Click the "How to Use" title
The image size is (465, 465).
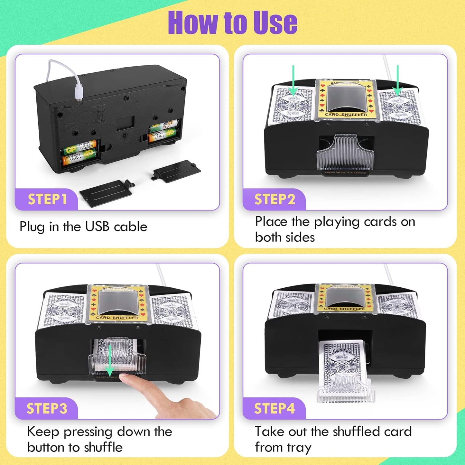point(232,22)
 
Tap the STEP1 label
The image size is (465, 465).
point(47,200)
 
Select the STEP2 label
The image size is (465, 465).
point(274,200)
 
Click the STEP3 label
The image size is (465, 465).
point(47,408)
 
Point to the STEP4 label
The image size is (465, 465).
point(274,408)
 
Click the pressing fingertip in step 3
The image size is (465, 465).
point(127,380)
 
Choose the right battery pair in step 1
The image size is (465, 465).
point(163,130)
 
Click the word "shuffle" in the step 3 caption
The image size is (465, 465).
point(103,447)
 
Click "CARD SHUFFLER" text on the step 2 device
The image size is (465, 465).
point(346,115)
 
